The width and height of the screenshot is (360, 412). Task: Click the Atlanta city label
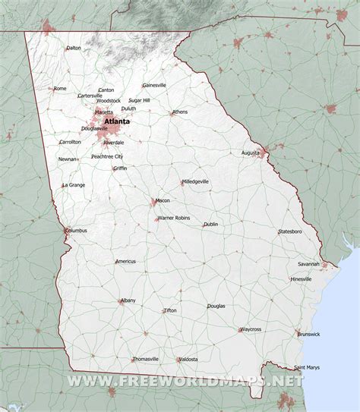[117, 121]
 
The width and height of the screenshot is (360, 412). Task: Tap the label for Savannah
[308, 263]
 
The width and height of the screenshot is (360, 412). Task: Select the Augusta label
[251, 153]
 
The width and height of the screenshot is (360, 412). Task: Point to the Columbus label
[76, 230]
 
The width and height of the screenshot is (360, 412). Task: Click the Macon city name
[163, 200]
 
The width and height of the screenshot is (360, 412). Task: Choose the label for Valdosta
[188, 359]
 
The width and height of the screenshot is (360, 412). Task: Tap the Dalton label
[74, 48]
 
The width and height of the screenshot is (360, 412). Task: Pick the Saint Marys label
[307, 367]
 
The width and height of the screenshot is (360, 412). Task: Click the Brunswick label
[308, 334]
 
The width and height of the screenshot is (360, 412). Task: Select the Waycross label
[250, 329]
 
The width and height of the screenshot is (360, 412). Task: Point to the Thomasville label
[146, 359]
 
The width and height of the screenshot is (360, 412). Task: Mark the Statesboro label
[289, 231]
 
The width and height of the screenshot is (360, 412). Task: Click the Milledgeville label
[196, 181]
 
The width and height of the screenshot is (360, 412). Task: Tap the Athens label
[180, 112]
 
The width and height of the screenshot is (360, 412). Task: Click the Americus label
[125, 261]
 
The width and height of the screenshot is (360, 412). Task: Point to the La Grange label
[74, 184]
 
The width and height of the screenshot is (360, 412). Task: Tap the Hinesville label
[302, 279]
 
